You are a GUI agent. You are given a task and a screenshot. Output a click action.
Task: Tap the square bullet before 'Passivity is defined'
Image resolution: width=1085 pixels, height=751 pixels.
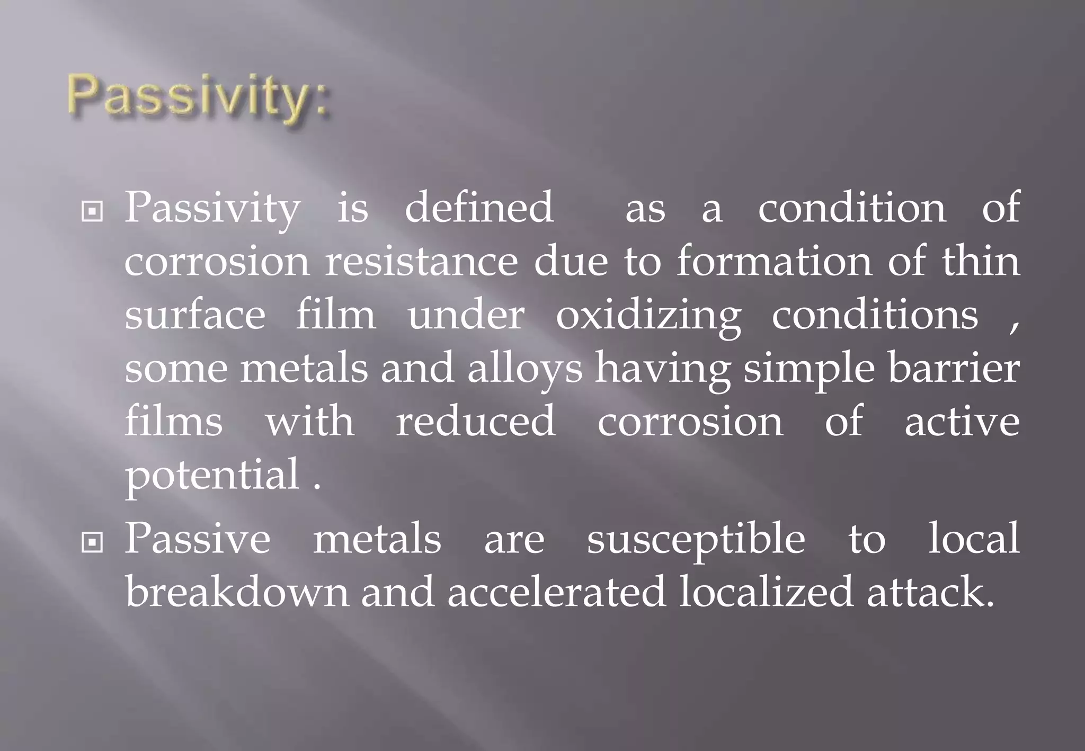93,212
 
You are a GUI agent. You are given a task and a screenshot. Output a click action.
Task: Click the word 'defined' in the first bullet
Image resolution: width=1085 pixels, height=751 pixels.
479,207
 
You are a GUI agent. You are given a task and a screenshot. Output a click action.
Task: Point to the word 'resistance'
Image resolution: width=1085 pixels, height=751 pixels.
421,261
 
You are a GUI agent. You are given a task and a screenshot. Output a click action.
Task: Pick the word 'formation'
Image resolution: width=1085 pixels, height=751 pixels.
774,261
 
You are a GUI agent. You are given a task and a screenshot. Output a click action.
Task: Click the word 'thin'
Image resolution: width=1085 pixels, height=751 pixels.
981,261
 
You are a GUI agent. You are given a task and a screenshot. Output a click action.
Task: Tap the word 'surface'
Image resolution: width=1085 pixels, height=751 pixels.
195,315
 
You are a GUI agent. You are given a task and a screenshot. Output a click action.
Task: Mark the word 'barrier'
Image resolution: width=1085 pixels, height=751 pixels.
954,368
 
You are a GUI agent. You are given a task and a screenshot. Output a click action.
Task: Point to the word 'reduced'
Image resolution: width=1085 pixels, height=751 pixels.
476,421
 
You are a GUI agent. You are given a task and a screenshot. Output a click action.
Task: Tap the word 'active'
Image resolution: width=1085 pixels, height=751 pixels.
962,422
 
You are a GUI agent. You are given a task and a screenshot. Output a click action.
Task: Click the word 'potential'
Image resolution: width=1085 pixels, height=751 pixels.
212,475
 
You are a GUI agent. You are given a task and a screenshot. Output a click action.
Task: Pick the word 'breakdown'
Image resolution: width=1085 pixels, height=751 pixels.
237,592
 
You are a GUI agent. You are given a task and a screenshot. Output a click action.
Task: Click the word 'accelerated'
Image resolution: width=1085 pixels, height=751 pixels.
556,592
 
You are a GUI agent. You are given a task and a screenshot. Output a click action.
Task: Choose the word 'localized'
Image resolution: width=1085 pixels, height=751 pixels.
766,592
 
